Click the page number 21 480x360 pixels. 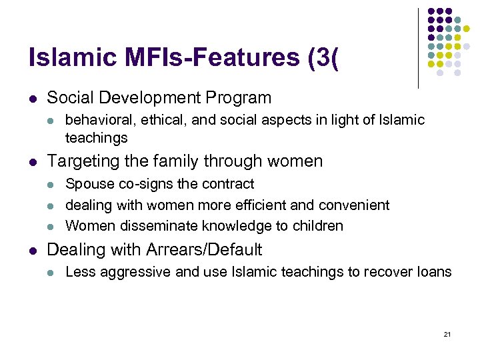[447, 333]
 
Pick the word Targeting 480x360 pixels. [83, 161]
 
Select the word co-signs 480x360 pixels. [138, 184]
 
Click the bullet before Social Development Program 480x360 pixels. [33, 98]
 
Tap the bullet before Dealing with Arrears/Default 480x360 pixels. [33, 250]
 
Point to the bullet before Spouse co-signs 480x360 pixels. [51, 184]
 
